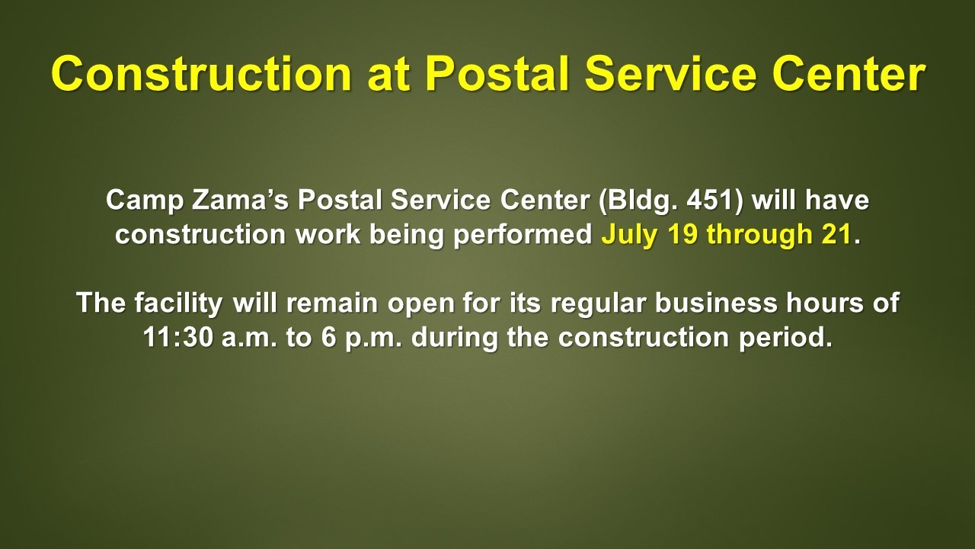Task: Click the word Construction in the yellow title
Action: (202, 74)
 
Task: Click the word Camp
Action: (145, 201)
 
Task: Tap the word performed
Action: (523, 236)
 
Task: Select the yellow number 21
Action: (836, 234)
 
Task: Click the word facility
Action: (178, 303)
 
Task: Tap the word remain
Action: (331, 303)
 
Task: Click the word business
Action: (716, 303)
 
